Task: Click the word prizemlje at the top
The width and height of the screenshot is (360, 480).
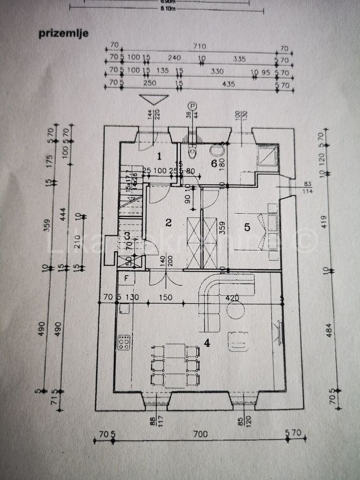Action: (x=63, y=33)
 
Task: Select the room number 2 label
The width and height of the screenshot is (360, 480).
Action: (x=168, y=222)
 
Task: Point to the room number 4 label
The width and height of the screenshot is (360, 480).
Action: (x=207, y=343)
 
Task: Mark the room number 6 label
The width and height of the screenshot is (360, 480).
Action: (x=214, y=164)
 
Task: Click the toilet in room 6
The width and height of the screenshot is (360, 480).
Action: (x=193, y=153)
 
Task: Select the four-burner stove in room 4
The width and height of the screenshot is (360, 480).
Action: (x=125, y=343)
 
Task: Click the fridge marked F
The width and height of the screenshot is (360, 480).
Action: (x=126, y=277)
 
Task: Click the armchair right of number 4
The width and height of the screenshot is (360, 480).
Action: (x=237, y=342)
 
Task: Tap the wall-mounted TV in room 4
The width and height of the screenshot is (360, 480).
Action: (x=277, y=330)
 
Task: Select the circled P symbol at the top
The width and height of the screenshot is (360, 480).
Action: (x=193, y=106)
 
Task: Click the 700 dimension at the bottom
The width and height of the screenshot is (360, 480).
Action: (x=199, y=434)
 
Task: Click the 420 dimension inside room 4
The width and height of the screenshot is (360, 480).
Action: (x=232, y=298)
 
